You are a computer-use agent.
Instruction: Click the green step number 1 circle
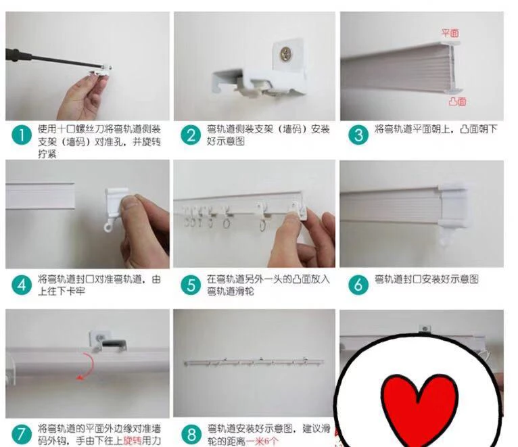pyautogui.click(x=23, y=135)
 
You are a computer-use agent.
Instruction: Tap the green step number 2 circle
pyautogui.click(x=191, y=135)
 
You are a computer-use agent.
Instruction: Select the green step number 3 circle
pyautogui.click(x=358, y=134)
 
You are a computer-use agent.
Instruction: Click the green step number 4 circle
pyautogui.click(x=23, y=285)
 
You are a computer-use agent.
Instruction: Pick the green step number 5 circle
pyautogui.click(x=191, y=285)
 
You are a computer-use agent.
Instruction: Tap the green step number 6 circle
pyautogui.click(x=358, y=285)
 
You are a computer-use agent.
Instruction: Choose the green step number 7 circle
pyautogui.click(x=23, y=433)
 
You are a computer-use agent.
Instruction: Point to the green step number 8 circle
pyautogui.click(x=191, y=433)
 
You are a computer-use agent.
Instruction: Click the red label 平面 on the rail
pyautogui.click(x=450, y=32)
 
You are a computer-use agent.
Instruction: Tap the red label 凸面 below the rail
pyautogui.click(x=456, y=102)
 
